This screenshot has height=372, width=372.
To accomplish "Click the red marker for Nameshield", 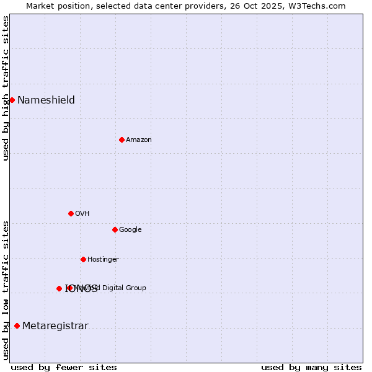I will [12, 100].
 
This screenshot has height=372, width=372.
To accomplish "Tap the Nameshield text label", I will [46, 100].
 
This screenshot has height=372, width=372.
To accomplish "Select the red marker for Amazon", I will [122, 139].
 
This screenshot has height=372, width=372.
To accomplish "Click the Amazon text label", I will [139, 140].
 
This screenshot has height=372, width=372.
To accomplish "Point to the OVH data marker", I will [71, 213].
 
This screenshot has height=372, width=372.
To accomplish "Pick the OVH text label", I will [82, 214].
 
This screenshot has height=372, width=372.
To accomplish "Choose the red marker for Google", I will [115, 229].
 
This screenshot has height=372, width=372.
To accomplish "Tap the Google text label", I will [130, 230].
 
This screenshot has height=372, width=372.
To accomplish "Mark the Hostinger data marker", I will [83, 259].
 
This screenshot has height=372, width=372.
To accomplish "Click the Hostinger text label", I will [103, 260].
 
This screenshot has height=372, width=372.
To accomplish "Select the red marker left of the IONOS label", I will [59, 288].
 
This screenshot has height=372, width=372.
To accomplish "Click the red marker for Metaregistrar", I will [17, 325].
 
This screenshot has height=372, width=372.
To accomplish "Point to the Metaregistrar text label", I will [55, 326].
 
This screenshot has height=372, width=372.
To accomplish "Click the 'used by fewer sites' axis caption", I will [64, 367].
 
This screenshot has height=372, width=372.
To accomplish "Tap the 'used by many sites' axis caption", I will [311, 367].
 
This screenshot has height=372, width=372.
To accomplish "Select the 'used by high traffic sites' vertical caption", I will [6, 88].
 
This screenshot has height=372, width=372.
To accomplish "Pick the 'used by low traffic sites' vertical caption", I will [6, 290].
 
